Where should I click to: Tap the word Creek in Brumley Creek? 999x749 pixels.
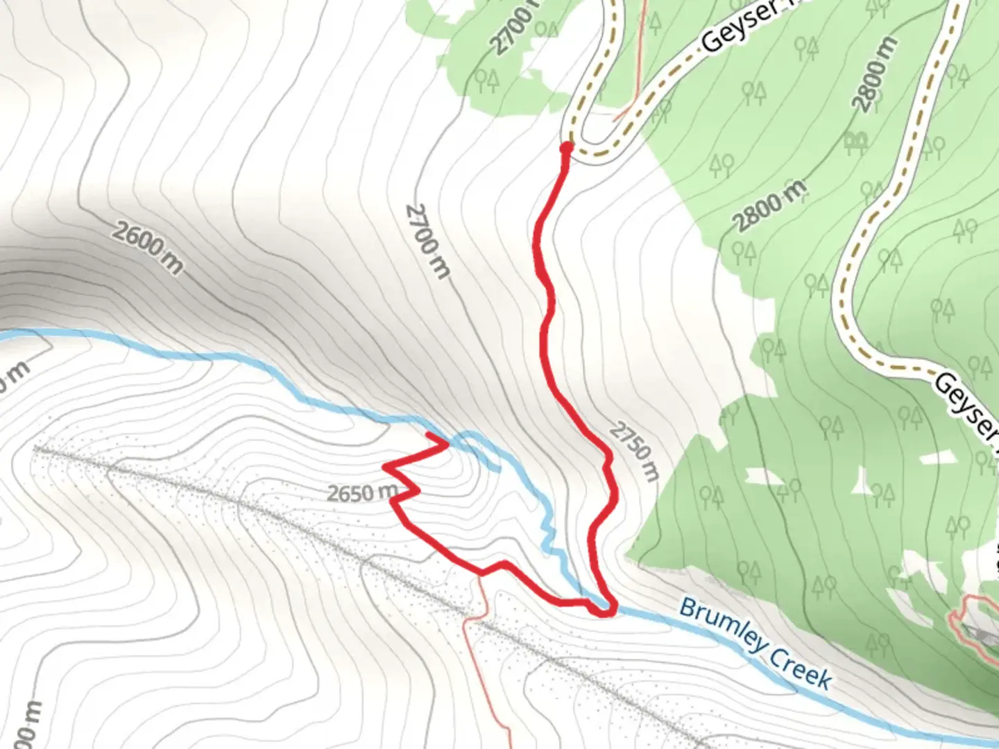(801, 667)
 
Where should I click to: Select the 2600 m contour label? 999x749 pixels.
(147, 247)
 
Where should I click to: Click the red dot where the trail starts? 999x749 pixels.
(566, 147)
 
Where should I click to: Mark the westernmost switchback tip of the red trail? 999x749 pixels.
(384, 467)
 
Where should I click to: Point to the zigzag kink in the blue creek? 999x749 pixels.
(550, 537)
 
